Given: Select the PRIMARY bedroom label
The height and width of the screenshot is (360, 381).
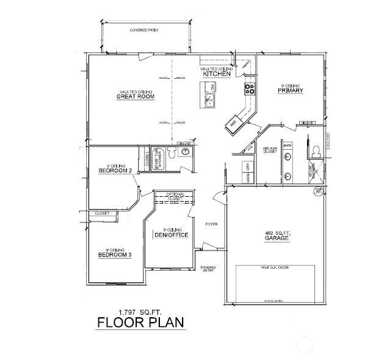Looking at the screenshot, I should (290, 90).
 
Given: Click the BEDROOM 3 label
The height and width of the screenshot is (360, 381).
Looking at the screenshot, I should (114, 254).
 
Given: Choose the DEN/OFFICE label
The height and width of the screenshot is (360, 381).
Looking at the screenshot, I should (170, 235).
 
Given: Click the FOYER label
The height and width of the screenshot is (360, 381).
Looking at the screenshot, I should (211, 224).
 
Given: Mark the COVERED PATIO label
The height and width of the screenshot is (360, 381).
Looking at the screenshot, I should (144, 30).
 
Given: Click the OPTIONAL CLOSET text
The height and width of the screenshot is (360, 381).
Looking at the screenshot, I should (175, 196).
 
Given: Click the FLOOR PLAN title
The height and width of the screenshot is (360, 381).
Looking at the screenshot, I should (140, 323).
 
